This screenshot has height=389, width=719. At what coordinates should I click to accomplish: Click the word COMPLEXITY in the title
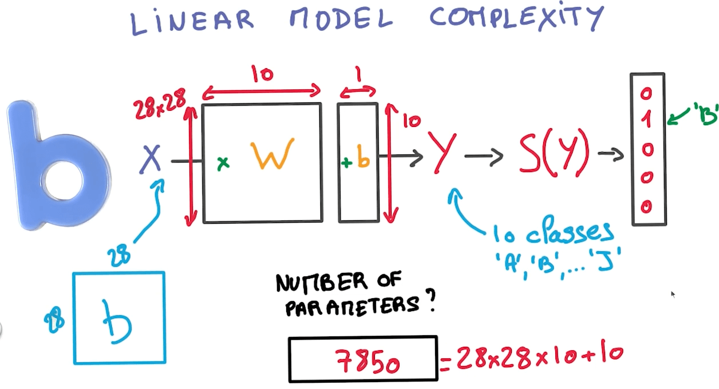(x=516, y=18)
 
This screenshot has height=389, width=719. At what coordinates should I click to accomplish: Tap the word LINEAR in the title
(x=192, y=21)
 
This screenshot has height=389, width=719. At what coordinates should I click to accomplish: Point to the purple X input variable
(x=151, y=158)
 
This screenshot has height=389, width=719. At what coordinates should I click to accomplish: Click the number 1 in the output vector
(x=647, y=120)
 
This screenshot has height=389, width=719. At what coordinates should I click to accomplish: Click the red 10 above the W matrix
(x=262, y=74)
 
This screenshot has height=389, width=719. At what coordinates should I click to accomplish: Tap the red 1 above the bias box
(x=358, y=74)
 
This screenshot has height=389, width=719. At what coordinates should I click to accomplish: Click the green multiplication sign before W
(x=223, y=164)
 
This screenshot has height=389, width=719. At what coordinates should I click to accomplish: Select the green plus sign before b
(x=346, y=162)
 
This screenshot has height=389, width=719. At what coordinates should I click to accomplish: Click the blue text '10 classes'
(x=553, y=233)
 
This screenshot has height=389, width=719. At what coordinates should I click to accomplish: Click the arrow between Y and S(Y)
(x=484, y=155)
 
